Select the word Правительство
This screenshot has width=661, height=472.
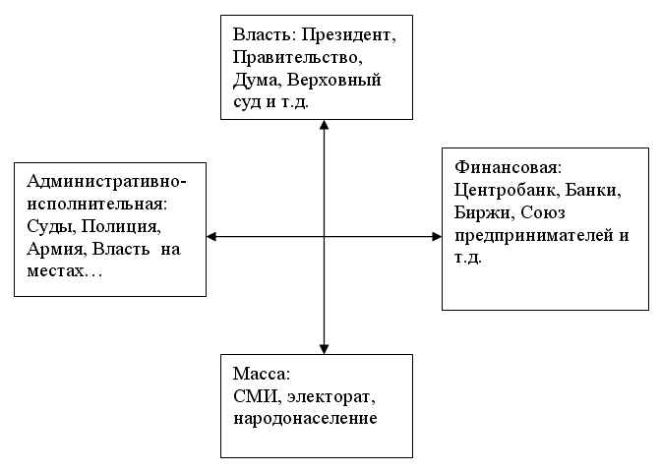click(297, 57)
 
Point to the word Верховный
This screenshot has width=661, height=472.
click(333, 81)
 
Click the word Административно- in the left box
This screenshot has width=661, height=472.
click(106, 182)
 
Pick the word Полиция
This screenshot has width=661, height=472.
click(121, 227)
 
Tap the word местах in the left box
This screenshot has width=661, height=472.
click(55, 271)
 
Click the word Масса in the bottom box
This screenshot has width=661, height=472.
click(261, 374)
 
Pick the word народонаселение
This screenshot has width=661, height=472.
click(305, 419)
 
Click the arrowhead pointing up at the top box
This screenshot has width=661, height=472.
click(324, 125)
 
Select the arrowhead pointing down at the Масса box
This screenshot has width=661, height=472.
click(324, 349)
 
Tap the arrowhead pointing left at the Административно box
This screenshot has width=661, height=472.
click(211, 237)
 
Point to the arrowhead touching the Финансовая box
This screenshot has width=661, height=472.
click(437, 237)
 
